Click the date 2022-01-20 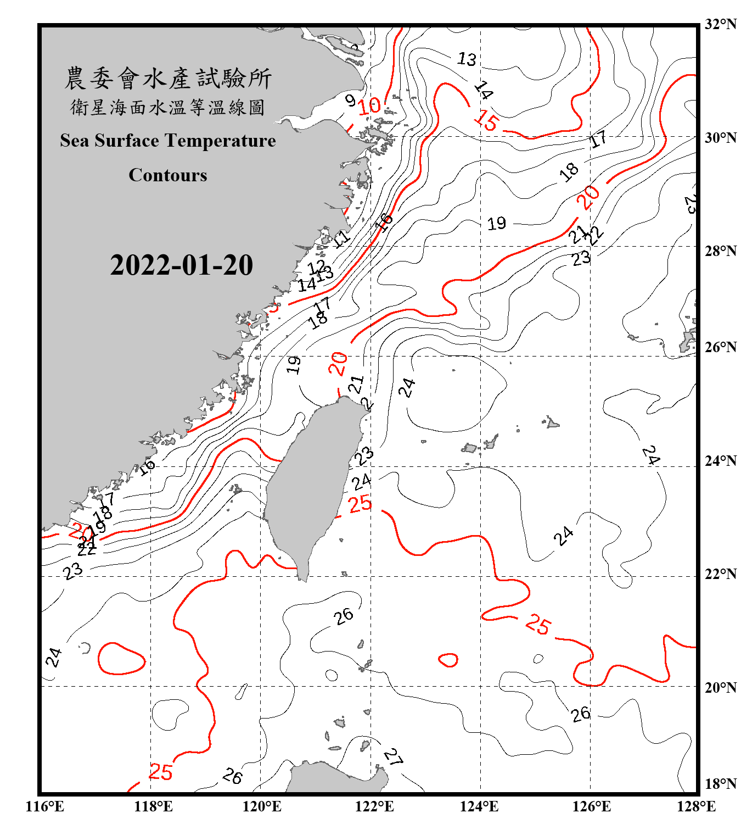[181, 265]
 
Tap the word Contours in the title [168, 175]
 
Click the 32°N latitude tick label [720, 24]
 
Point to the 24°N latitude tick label [720, 460]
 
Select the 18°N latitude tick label [720, 784]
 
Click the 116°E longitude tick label [45, 806]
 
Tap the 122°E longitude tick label [374, 806]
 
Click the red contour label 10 [369, 106]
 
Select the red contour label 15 [486, 119]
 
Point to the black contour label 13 [467, 59]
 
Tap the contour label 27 [393, 757]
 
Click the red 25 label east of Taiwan [360, 503]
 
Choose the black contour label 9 [350, 100]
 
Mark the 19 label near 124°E [497, 224]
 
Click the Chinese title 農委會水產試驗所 [168, 79]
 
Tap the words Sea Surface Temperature [168, 141]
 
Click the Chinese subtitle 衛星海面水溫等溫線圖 [168, 108]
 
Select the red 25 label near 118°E [160, 772]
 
